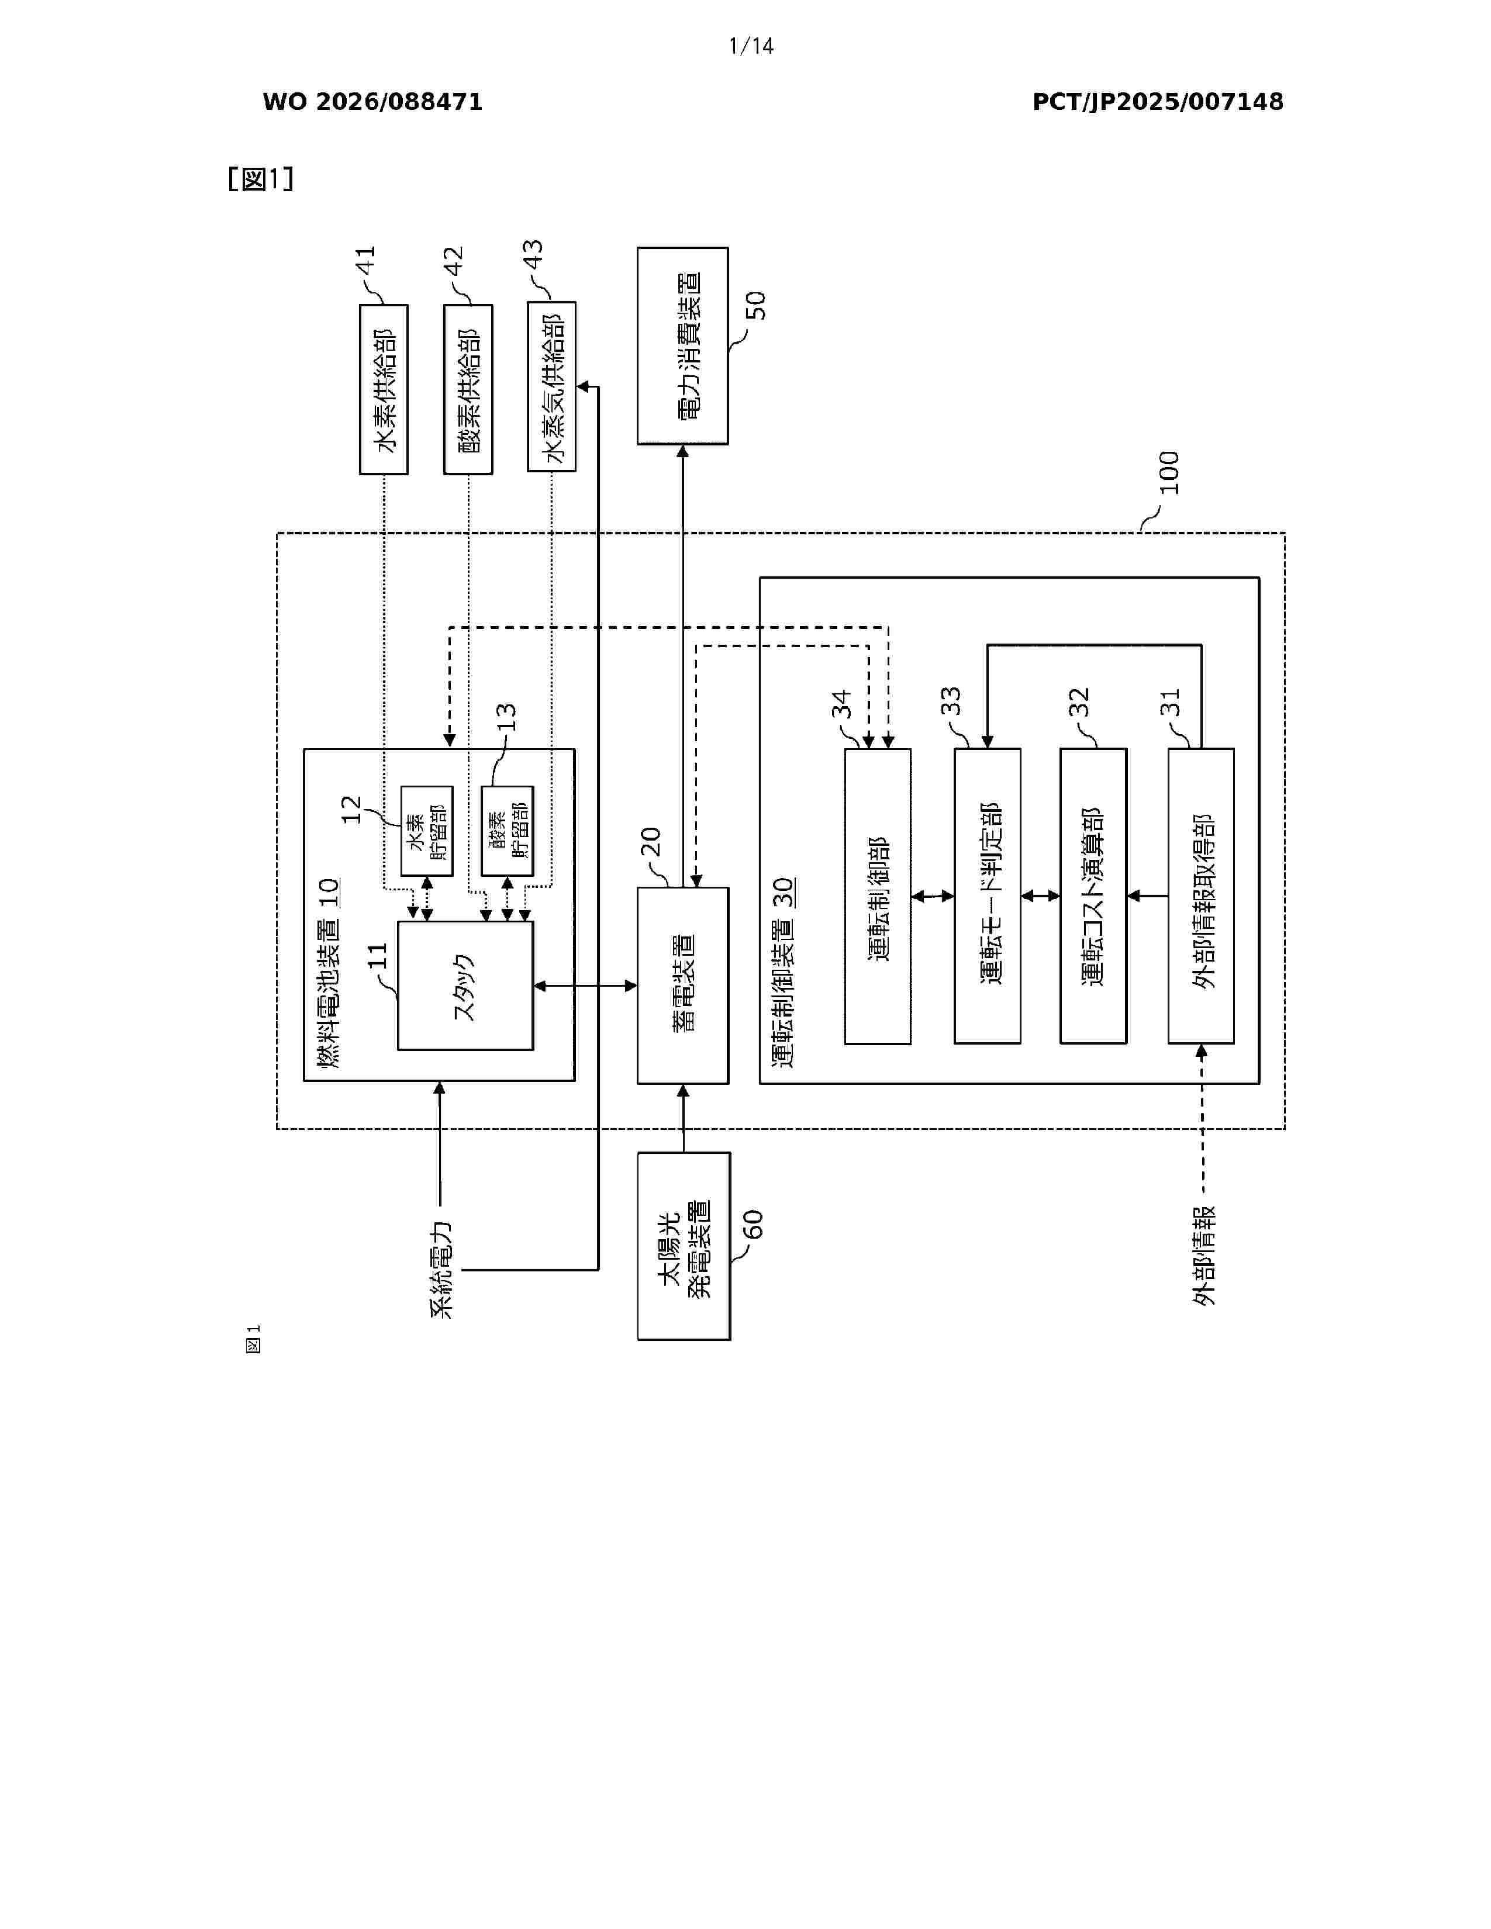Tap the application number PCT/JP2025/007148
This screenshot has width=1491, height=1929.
coord(1157,102)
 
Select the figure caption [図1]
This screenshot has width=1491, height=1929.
coord(261,179)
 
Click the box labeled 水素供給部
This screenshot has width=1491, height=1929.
coord(384,389)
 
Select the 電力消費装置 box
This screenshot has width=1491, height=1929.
coord(683,345)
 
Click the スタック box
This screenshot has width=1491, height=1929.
coord(465,986)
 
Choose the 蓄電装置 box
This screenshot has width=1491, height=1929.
coord(683,985)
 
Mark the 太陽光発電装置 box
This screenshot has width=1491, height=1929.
coord(684,1246)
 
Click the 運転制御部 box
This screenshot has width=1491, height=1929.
coord(878,897)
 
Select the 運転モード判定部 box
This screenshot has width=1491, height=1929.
coord(988,897)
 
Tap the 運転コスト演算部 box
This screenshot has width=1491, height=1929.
coord(1093,897)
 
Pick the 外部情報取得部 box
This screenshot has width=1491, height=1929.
coord(1202,897)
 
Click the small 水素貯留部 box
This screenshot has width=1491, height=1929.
coord(427,831)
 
